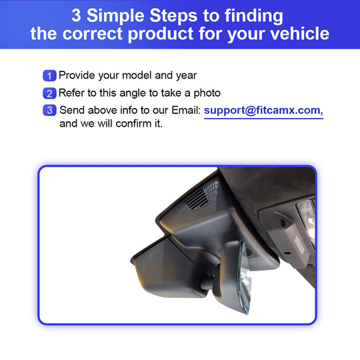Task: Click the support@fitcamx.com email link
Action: [x=263, y=111]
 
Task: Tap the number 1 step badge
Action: [x=49, y=75]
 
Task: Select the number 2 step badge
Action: [x=49, y=93]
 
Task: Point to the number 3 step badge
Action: [x=49, y=110]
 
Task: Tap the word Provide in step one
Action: [x=77, y=75]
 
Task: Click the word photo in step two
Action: [x=207, y=93]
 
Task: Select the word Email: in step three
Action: [x=186, y=110]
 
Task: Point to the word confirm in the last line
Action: [x=133, y=124]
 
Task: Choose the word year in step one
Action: [x=186, y=76]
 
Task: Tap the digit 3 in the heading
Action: [x=76, y=15]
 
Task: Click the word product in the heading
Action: [x=161, y=34]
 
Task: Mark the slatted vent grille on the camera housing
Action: [x=196, y=199]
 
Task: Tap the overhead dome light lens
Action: [x=307, y=220]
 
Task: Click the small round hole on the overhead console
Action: [x=283, y=223]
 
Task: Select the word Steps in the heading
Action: [x=173, y=17]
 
